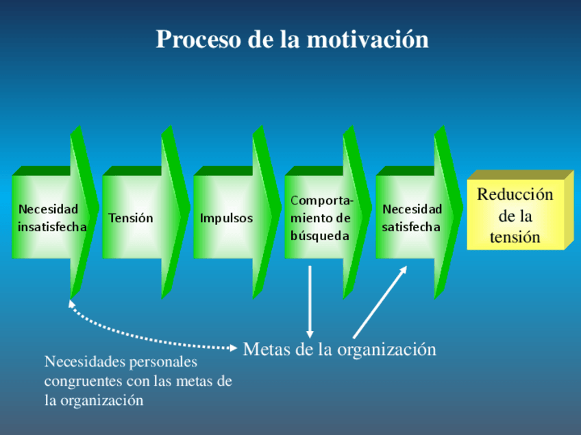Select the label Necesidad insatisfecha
pos(51,217)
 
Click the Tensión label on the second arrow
pos(130,218)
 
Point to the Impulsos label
pos(226,218)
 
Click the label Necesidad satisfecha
pos(412,217)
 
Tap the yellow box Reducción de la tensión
pos(519,215)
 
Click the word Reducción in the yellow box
pos(515,194)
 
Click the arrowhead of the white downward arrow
pos(310,333)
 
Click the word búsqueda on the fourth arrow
pos(319,236)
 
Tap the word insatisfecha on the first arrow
pos(52,227)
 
